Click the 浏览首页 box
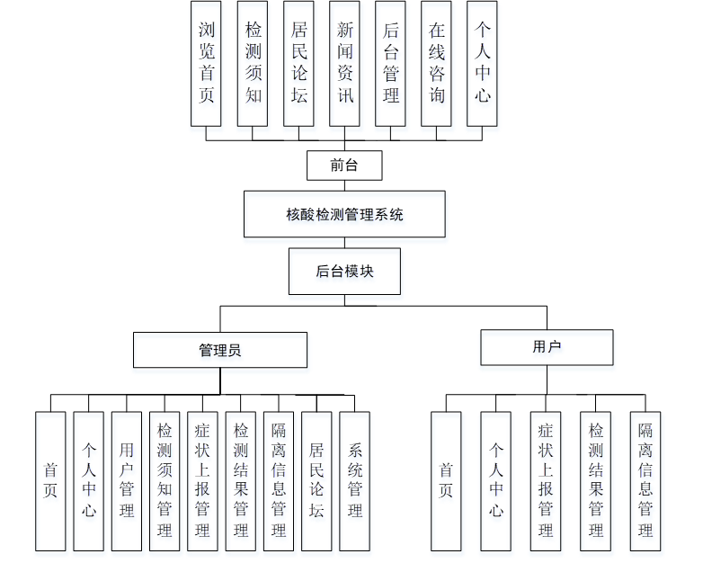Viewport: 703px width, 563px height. point(206,63)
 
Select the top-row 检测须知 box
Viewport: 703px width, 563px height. point(253,63)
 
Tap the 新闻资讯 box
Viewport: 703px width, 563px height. point(344,63)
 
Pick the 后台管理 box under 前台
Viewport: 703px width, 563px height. point(390,63)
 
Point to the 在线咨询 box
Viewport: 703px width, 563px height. point(436,63)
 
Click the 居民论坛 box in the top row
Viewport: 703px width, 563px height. point(298,63)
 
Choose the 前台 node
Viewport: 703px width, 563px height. point(344,165)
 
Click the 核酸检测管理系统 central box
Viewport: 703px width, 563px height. point(344,214)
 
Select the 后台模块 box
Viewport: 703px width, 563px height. point(344,271)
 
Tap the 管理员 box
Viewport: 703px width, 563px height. point(220,350)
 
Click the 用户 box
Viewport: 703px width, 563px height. point(547,347)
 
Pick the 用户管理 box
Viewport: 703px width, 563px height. point(127,481)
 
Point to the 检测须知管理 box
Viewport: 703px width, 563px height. point(165,481)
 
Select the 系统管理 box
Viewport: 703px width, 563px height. point(355,481)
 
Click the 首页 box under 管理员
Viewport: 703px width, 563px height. point(50,481)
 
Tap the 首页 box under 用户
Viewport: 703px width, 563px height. point(446,481)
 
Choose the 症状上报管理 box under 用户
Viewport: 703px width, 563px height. point(546,481)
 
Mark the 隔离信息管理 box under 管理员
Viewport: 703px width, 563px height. point(279,481)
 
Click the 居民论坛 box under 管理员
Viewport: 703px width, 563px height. point(316,481)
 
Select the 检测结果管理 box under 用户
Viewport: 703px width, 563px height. point(595,481)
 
